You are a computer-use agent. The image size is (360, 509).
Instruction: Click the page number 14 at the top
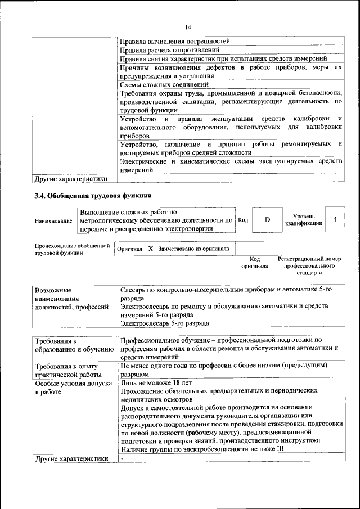(x=188, y=27)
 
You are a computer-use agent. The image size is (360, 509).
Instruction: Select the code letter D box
(x=267, y=220)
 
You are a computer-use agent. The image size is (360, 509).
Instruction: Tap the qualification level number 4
(x=335, y=220)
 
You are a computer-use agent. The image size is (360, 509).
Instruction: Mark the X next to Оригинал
(x=150, y=248)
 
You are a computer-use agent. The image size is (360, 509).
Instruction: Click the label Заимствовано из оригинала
(x=193, y=248)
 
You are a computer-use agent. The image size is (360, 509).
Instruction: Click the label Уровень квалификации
(x=304, y=220)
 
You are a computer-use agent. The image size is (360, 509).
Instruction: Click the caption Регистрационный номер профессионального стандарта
(x=309, y=265)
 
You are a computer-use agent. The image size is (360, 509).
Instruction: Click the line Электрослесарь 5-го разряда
(x=164, y=323)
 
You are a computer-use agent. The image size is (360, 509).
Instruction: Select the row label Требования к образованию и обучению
(x=70, y=345)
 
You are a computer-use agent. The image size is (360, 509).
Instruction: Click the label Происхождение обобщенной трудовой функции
(x=71, y=249)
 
